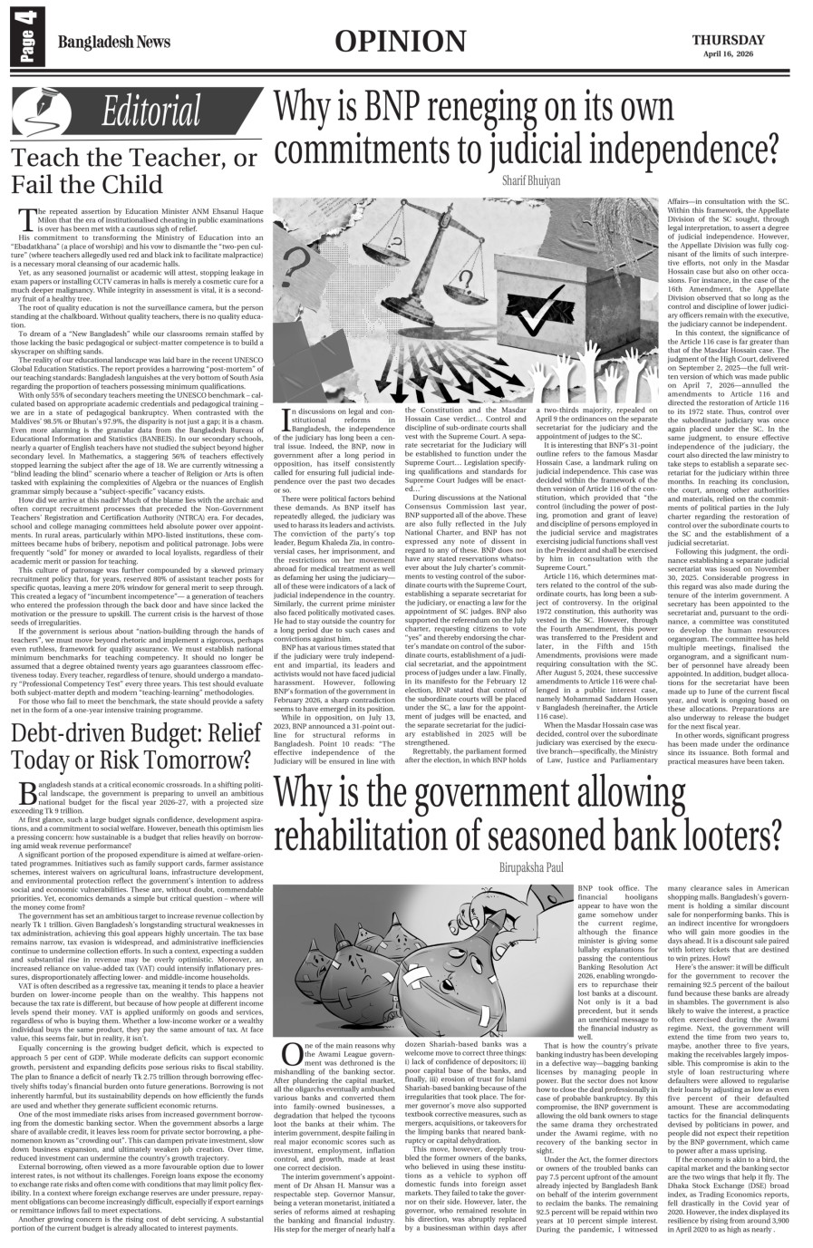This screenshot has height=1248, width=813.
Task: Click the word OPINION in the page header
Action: pos(400,41)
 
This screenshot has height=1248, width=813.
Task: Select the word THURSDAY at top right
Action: pos(729,39)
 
